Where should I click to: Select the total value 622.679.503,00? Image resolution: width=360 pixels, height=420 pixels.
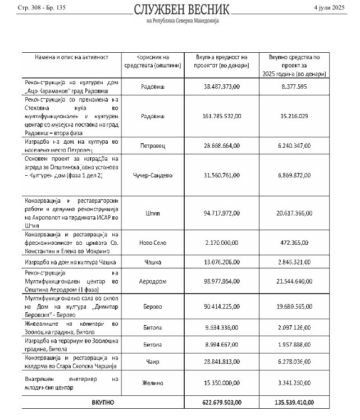click(221, 403)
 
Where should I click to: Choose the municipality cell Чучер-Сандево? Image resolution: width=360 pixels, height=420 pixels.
click(152, 175)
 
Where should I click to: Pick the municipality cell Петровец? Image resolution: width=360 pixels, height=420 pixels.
click(152, 145)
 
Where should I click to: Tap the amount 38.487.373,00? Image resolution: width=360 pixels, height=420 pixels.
click(221, 86)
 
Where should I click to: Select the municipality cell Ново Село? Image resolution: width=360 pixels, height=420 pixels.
click(152, 242)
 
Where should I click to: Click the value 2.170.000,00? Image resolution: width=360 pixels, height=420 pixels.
click(221, 242)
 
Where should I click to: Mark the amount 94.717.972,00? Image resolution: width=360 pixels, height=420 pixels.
click(221, 213)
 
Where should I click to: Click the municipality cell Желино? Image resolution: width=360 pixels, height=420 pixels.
click(152, 383)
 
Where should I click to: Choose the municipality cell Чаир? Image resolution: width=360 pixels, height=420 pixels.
click(152, 362)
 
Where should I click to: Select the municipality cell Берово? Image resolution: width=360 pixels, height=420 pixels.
click(152, 307)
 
